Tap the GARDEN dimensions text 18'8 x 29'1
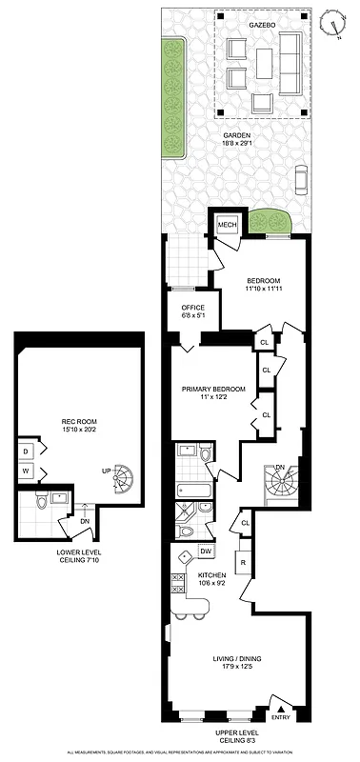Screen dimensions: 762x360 tap(237, 145)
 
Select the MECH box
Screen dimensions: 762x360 tap(227, 225)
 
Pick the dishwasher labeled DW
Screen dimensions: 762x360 tap(205, 551)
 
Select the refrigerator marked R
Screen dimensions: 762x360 tap(244, 564)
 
